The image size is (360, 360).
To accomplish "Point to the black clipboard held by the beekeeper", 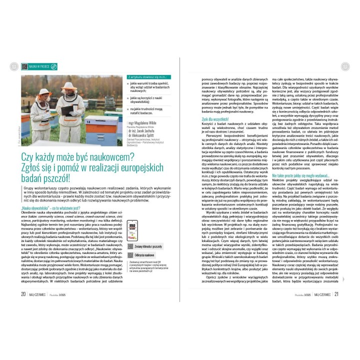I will tap(66, 107).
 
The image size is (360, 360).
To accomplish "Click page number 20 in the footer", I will tap(23, 293).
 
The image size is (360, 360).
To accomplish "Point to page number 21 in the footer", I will tap(336, 293).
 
